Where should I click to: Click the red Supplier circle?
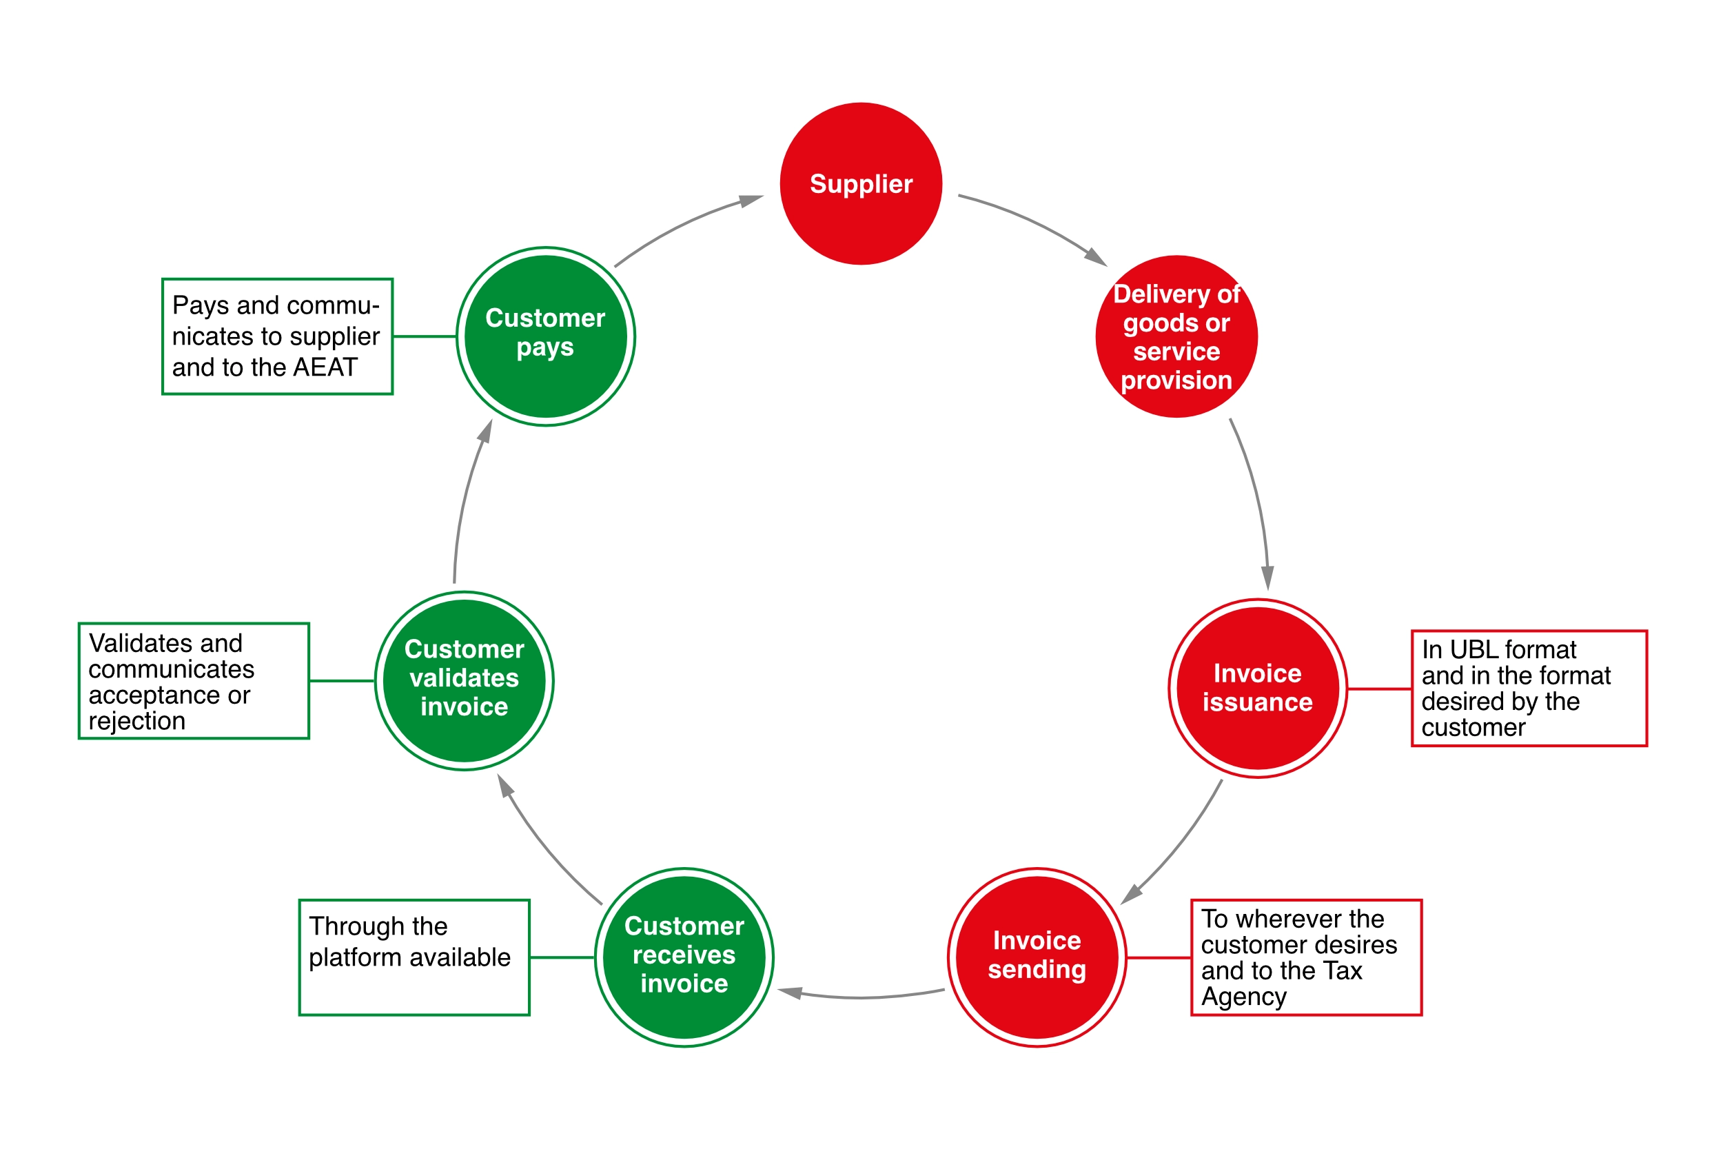click(861, 183)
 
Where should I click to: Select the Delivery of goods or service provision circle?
click(1176, 336)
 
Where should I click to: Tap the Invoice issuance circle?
click(1258, 688)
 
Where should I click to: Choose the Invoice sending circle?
click(1037, 958)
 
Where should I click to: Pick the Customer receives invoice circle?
click(684, 958)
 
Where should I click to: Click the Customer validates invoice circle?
click(465, 681)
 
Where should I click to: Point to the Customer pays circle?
click(546, 336)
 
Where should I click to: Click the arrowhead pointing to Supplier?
click(752, 200)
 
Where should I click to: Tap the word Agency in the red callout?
click(1244, 997)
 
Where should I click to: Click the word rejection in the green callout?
click(137, 722)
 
